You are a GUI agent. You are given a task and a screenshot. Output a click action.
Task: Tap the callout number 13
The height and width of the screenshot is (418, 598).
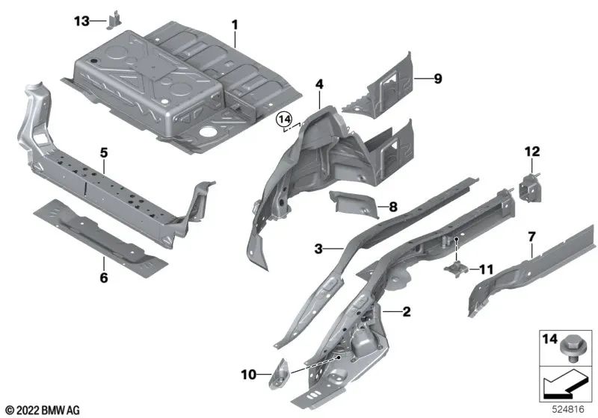83,22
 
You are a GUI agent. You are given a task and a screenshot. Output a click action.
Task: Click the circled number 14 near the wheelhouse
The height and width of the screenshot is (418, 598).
283,119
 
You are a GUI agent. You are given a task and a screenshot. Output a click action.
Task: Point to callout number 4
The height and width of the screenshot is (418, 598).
319,85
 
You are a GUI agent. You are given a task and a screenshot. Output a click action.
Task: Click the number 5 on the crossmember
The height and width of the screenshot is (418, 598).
105,152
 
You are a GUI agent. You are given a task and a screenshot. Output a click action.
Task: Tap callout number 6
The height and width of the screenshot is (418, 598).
104,278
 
